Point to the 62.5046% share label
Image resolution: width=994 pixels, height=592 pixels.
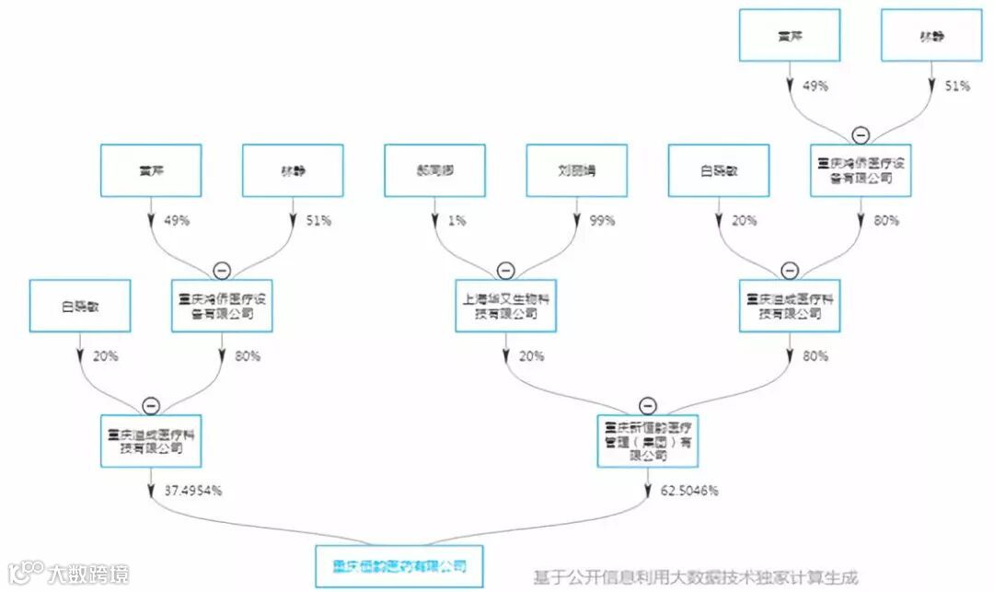pyautogui.click(x=688, y=491)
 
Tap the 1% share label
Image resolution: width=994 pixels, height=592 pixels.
pyautogui.click(x=457, y=221)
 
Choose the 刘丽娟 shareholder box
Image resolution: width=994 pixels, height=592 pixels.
pyautogui.click(x=577, y=170)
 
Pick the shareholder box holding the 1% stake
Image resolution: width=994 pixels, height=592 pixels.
pyautogui.click(x=434, y=170)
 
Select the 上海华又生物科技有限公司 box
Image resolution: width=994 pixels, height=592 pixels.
pyautogui.click(x=506, y=306)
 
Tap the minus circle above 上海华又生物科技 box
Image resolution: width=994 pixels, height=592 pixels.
pyautogui.click(x=506, y=271)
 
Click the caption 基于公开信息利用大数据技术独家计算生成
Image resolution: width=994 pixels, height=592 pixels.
pyautogui.click(x=696, y=578)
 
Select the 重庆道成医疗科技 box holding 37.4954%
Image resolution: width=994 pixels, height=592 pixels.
pyautogui.click(x=151, y=441)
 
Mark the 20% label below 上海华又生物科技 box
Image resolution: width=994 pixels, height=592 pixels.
pyautogui.click(x=531, y=356)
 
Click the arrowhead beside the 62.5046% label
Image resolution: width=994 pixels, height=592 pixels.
pyautogui.click(x=647, y=491)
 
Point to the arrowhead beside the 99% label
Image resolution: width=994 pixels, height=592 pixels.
pyautogui.click(x=577, y=221)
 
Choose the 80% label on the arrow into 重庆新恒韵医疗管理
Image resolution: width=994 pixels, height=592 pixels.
pyautogui.click(x=815, y=356)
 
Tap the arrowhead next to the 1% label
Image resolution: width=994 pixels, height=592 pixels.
pyautogui.click(x=434, y=221)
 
